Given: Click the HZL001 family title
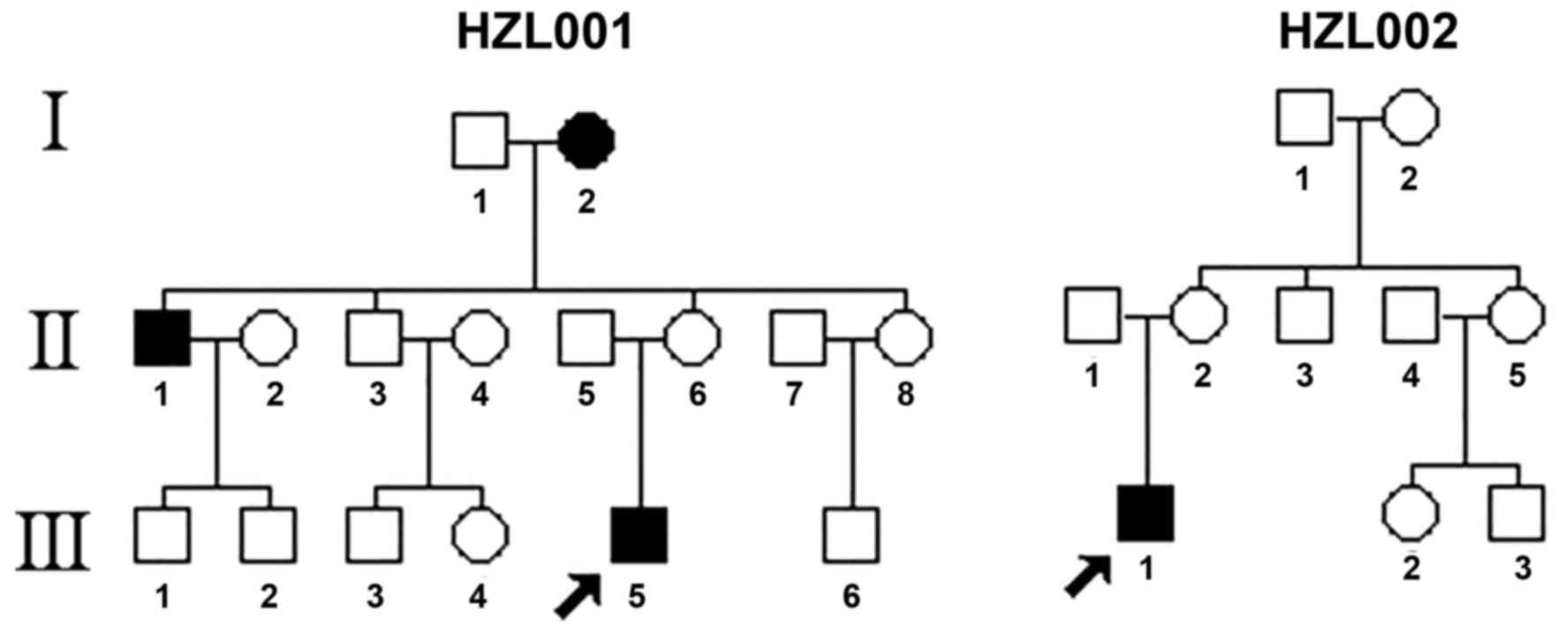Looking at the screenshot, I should coord(545,33).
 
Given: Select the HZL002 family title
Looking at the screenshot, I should coord(1368,33).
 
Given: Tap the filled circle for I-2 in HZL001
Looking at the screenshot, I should coord(586,140).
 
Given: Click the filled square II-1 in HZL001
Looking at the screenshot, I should coord(162,337).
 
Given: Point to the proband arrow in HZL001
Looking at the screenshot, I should coord(578,596).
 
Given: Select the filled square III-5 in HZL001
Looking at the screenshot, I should coord(639,535).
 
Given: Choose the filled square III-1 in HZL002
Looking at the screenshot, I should coord(1145,513).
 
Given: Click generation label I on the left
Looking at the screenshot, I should coord(57,128).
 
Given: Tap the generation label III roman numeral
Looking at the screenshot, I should coord(57,540).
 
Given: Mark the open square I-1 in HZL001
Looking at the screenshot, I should coord(480,140).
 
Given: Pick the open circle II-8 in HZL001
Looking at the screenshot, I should coord(903,337).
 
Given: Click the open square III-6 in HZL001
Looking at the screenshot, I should coord(851,535).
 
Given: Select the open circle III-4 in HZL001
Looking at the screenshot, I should coord(480,535).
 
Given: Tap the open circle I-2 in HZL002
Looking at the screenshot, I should coord(1410,117).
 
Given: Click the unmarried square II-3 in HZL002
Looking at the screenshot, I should coord(1304,315).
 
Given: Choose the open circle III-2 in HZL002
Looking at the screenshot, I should coord(1410,513).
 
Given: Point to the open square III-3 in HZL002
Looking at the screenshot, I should coord(1517,513).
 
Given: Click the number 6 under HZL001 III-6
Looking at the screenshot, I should coord(851,597).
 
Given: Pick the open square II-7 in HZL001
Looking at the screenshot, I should coord(798,337).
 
